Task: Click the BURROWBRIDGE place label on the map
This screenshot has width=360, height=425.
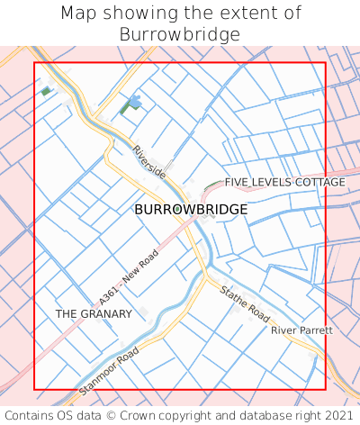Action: [191, 209]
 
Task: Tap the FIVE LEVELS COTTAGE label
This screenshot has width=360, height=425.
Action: [284, 182]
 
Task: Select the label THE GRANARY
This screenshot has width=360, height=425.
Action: [94, 313]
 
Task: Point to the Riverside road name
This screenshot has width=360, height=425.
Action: [148, 161]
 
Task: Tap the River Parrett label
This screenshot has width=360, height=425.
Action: [301, 330]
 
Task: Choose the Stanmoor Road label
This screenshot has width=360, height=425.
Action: [111, 370]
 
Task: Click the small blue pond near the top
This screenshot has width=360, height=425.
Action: [134, 102]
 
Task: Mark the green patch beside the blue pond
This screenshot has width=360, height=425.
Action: [124, 109]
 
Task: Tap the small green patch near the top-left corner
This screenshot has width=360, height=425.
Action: [46, 90]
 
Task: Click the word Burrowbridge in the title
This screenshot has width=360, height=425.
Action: [180, 34]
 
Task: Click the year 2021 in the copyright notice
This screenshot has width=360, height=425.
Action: [337, 415]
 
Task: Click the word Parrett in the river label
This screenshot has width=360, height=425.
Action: [316, 330]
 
